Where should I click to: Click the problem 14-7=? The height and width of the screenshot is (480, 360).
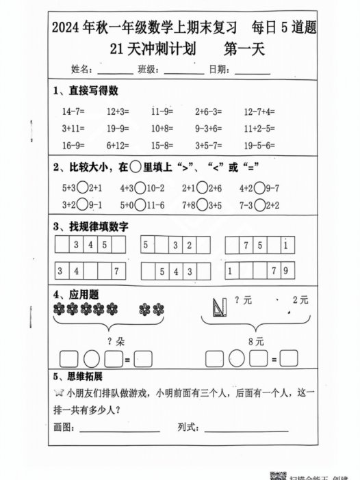click(73, 110)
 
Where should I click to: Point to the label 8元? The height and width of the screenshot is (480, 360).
click(256, 340)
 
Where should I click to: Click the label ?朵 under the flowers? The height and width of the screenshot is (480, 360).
click(114, 340)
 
